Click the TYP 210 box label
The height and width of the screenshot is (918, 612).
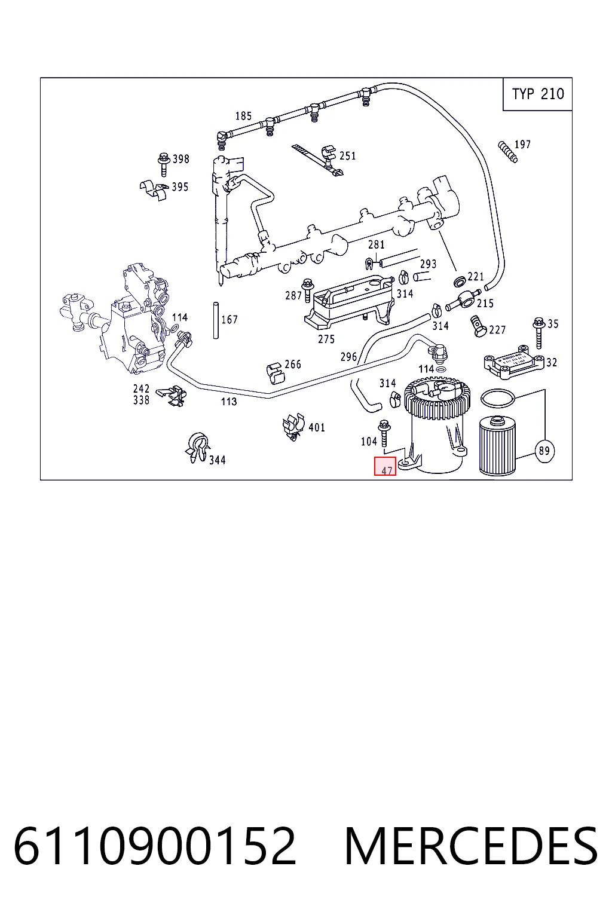537,94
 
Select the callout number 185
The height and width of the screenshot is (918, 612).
243,116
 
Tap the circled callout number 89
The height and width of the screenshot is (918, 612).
544,451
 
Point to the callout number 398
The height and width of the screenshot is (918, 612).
180,159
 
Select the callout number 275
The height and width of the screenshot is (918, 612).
326,339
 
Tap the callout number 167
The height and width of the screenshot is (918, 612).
229,319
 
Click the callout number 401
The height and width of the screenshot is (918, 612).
316,427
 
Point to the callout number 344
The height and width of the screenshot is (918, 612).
218,460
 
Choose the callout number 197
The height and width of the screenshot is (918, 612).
522,144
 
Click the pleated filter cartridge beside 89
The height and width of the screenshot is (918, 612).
497,446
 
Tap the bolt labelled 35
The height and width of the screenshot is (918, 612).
539,333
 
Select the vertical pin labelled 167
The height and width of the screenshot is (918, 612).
216,321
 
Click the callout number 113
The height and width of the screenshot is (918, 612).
229,402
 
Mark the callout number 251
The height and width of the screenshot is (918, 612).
348,156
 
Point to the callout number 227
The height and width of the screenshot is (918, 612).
497,329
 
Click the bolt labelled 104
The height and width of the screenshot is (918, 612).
384,433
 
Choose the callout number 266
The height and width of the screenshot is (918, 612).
293,365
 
